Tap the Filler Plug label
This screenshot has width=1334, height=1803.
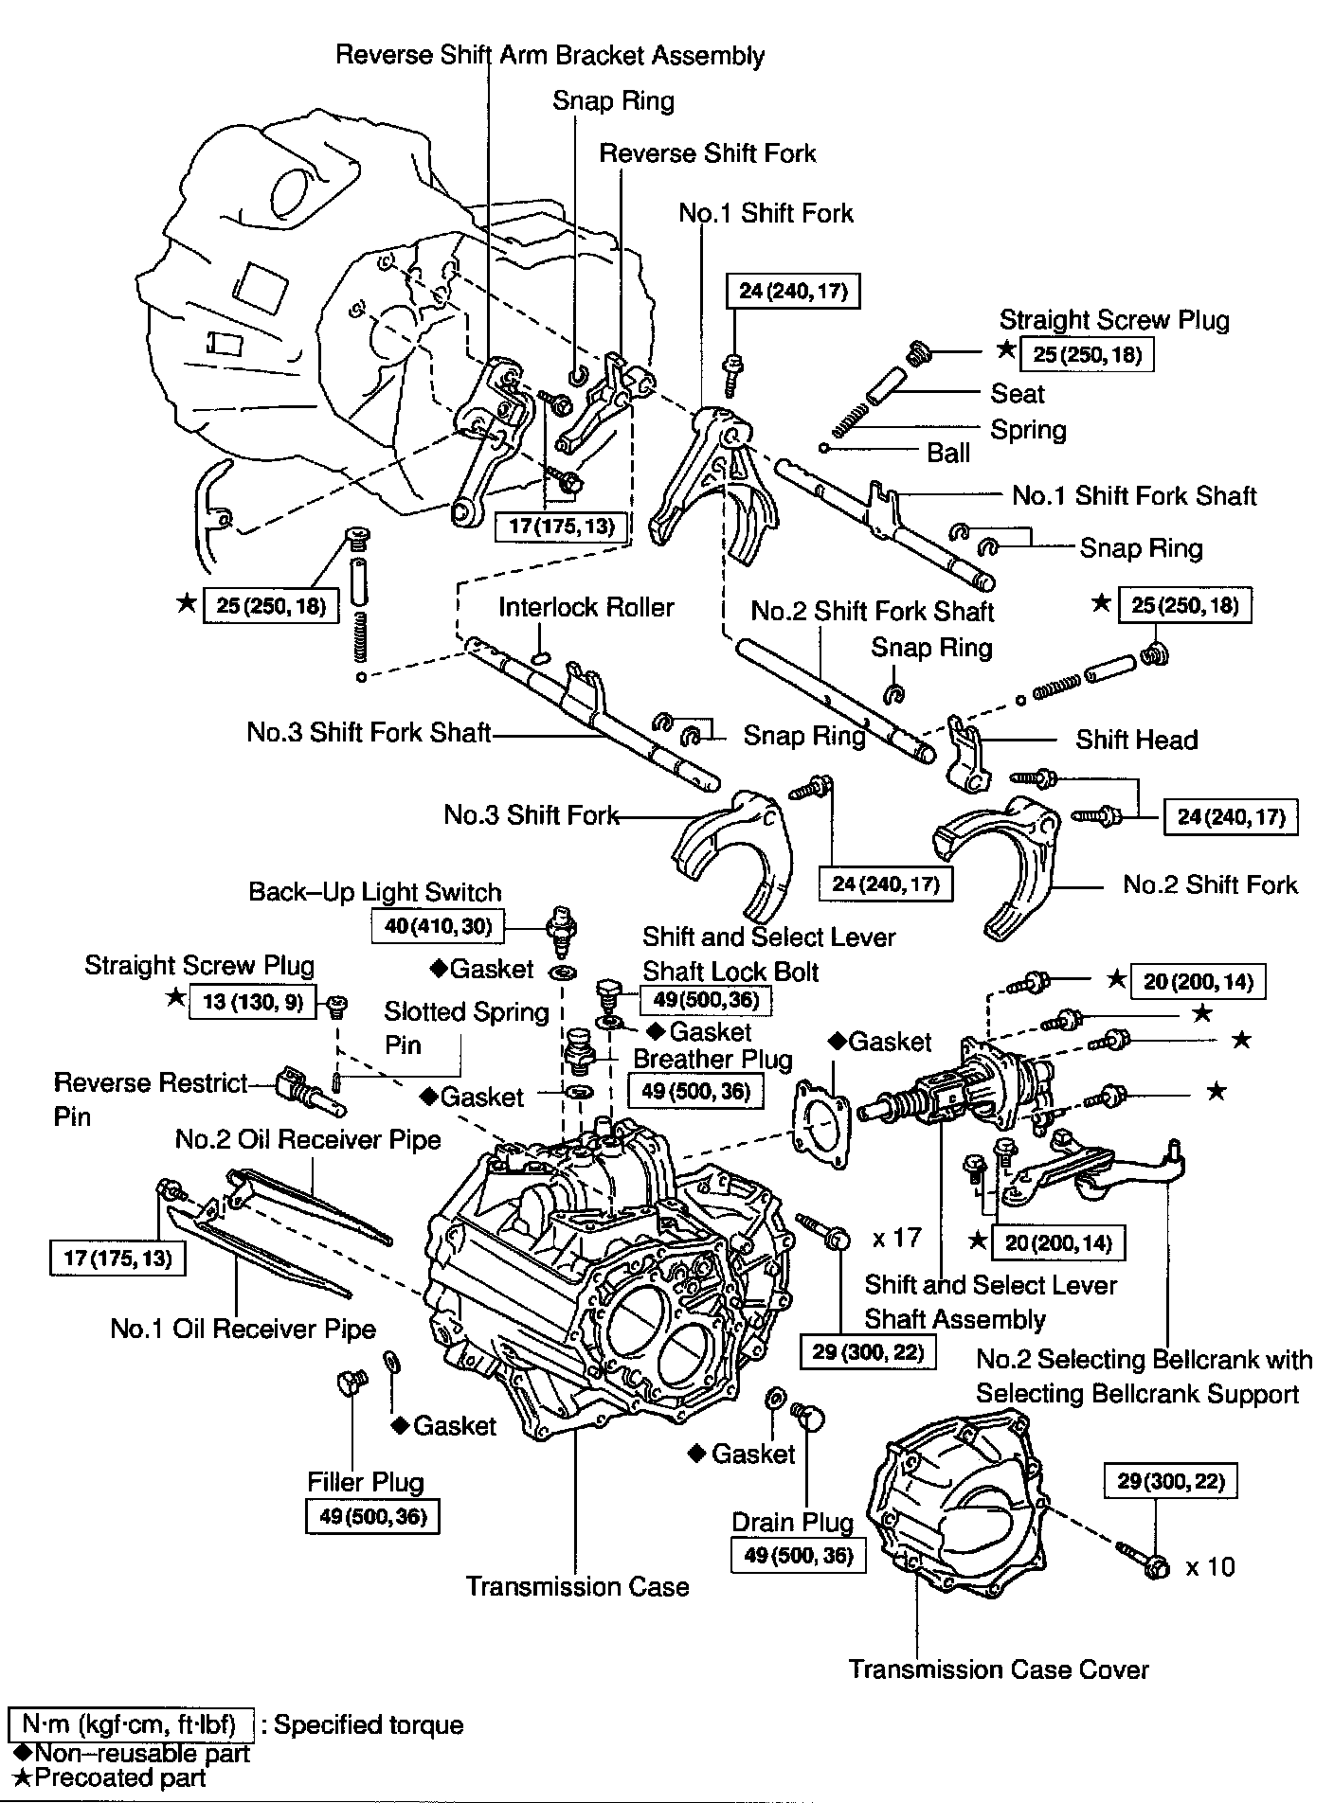(x=365, y=1482)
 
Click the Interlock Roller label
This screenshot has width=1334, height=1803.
(x=586, y=607)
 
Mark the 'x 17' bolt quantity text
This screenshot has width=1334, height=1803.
(x=896, y=1238)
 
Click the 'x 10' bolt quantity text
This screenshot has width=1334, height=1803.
(x=1210, y=1567)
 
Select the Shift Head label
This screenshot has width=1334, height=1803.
(x=1136, y=740)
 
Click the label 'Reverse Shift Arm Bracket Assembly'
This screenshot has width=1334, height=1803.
(x=550, y=55)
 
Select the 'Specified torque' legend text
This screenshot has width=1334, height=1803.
(x=368, y=1724)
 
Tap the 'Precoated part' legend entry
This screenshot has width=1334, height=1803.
(x=111, y=1777)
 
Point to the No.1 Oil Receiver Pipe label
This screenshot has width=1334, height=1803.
(x=243, y=1329)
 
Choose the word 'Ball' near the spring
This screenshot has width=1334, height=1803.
(x=948, y=453)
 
